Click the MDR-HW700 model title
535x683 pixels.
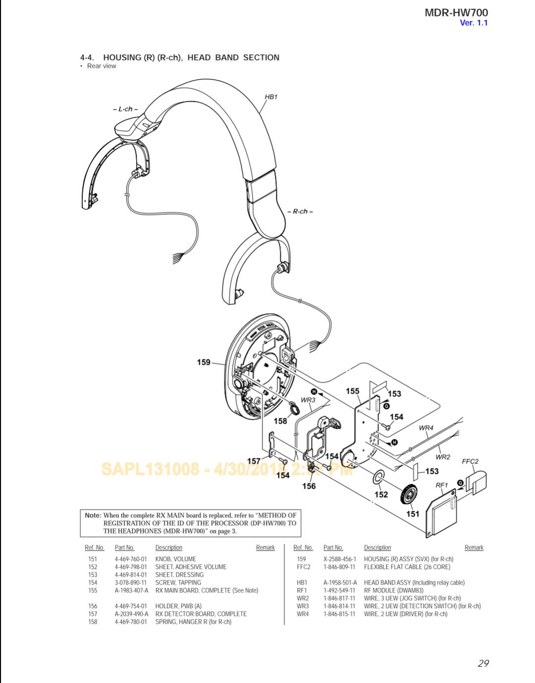(x=456, y=12)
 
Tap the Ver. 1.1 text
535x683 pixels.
(x=474, y=23)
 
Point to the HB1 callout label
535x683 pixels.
(x=271, y=97)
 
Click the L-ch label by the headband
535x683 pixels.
(x=125, y=109)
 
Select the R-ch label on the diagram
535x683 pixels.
(x=300, y=211)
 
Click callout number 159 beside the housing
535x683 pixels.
(x=204, y=362)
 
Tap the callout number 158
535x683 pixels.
(x=280, y=421)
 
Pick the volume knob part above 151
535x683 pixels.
(x=410, y=494)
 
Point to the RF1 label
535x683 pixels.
(x=441, y=485)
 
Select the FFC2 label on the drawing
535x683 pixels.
(x=470, y=461)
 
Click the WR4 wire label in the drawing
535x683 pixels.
(x=426, y=428)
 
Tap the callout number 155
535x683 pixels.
(x=353, y=391)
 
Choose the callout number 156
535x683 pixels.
(x=309, y=486)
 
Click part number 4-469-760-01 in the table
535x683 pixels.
(x=131, y=559)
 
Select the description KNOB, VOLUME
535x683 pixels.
(x=175, y=559)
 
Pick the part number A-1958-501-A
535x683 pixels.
(x=340, y=583)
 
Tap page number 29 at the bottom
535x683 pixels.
(x=483, y=663)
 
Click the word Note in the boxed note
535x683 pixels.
(x=93, y=515)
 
